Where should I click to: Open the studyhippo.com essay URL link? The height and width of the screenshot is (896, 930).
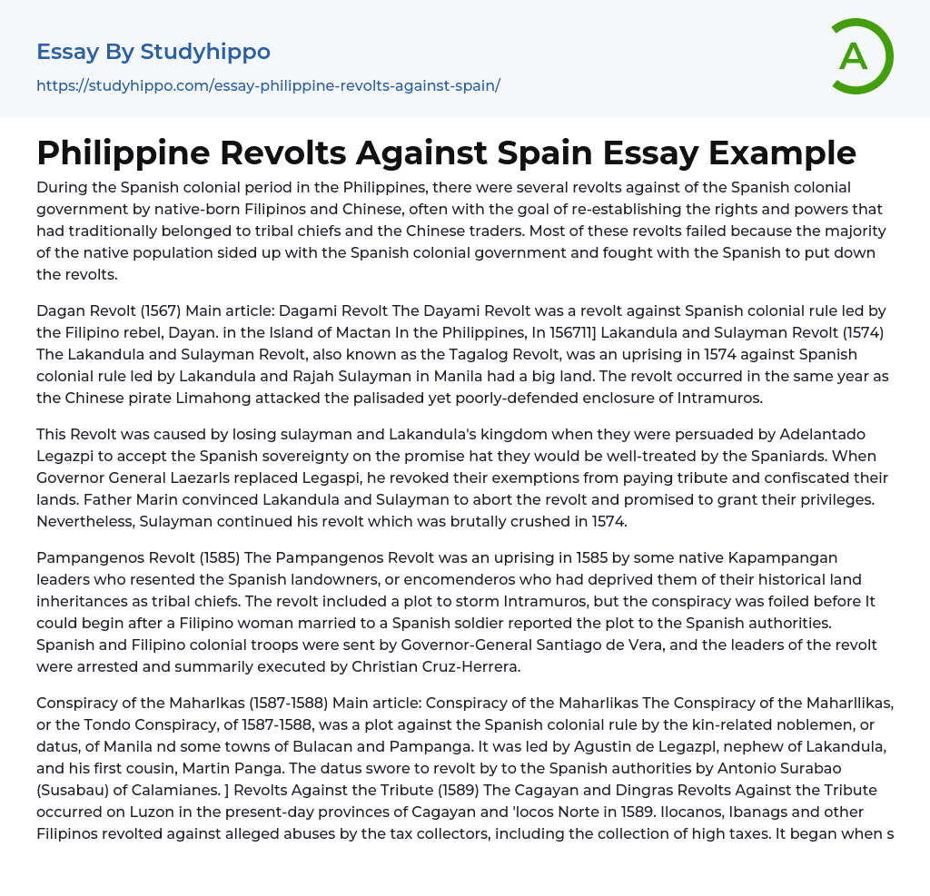[268, 86]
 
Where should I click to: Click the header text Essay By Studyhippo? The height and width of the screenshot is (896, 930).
[153, 52]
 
